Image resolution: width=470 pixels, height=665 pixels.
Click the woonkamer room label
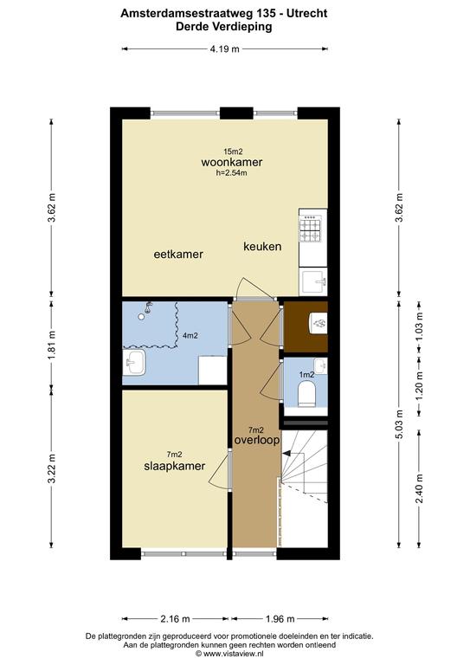pyautogui.click(x=231, y=162)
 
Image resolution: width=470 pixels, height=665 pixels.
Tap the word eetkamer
pyautogui.click(x=178, y=254)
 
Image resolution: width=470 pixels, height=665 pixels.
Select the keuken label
pyautogui.click(x=262, y=247)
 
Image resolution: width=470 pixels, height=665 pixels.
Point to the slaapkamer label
pyautogui.click(x=175, y=466)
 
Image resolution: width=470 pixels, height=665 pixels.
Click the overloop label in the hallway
pyautogui.click(x=257, y=440)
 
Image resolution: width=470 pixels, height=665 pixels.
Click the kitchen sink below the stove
pyautogui.click(x=313, y=281)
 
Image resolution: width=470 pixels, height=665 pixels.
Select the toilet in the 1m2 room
pyautogui.click(x=306, y=393)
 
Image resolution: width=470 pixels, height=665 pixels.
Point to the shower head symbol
pyautogui.click(x=148, y=307)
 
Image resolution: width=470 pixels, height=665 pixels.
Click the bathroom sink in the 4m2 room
pyautogui.click(x=134, y=363)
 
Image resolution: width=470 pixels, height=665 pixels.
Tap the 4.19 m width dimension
pyautogui.click(x=225, y=48)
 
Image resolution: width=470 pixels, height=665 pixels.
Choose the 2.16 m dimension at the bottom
pyautogui.click(x=175, y=619)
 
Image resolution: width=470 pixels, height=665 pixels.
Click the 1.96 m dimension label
pyautogui.click(x=280, y=619)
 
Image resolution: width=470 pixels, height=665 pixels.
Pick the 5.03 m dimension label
pyautogui.click(x=399, y=423)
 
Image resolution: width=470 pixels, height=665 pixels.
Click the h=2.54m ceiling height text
pyautogui.click(x=231, y=172)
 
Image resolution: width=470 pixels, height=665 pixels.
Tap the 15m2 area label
pyautogui.click(x=233, y=151)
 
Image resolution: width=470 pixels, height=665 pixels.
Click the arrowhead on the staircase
pyautogui.click(x=287, y=454)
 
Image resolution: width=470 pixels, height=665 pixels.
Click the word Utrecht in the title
pyautogui.click(x=306, y=13)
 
